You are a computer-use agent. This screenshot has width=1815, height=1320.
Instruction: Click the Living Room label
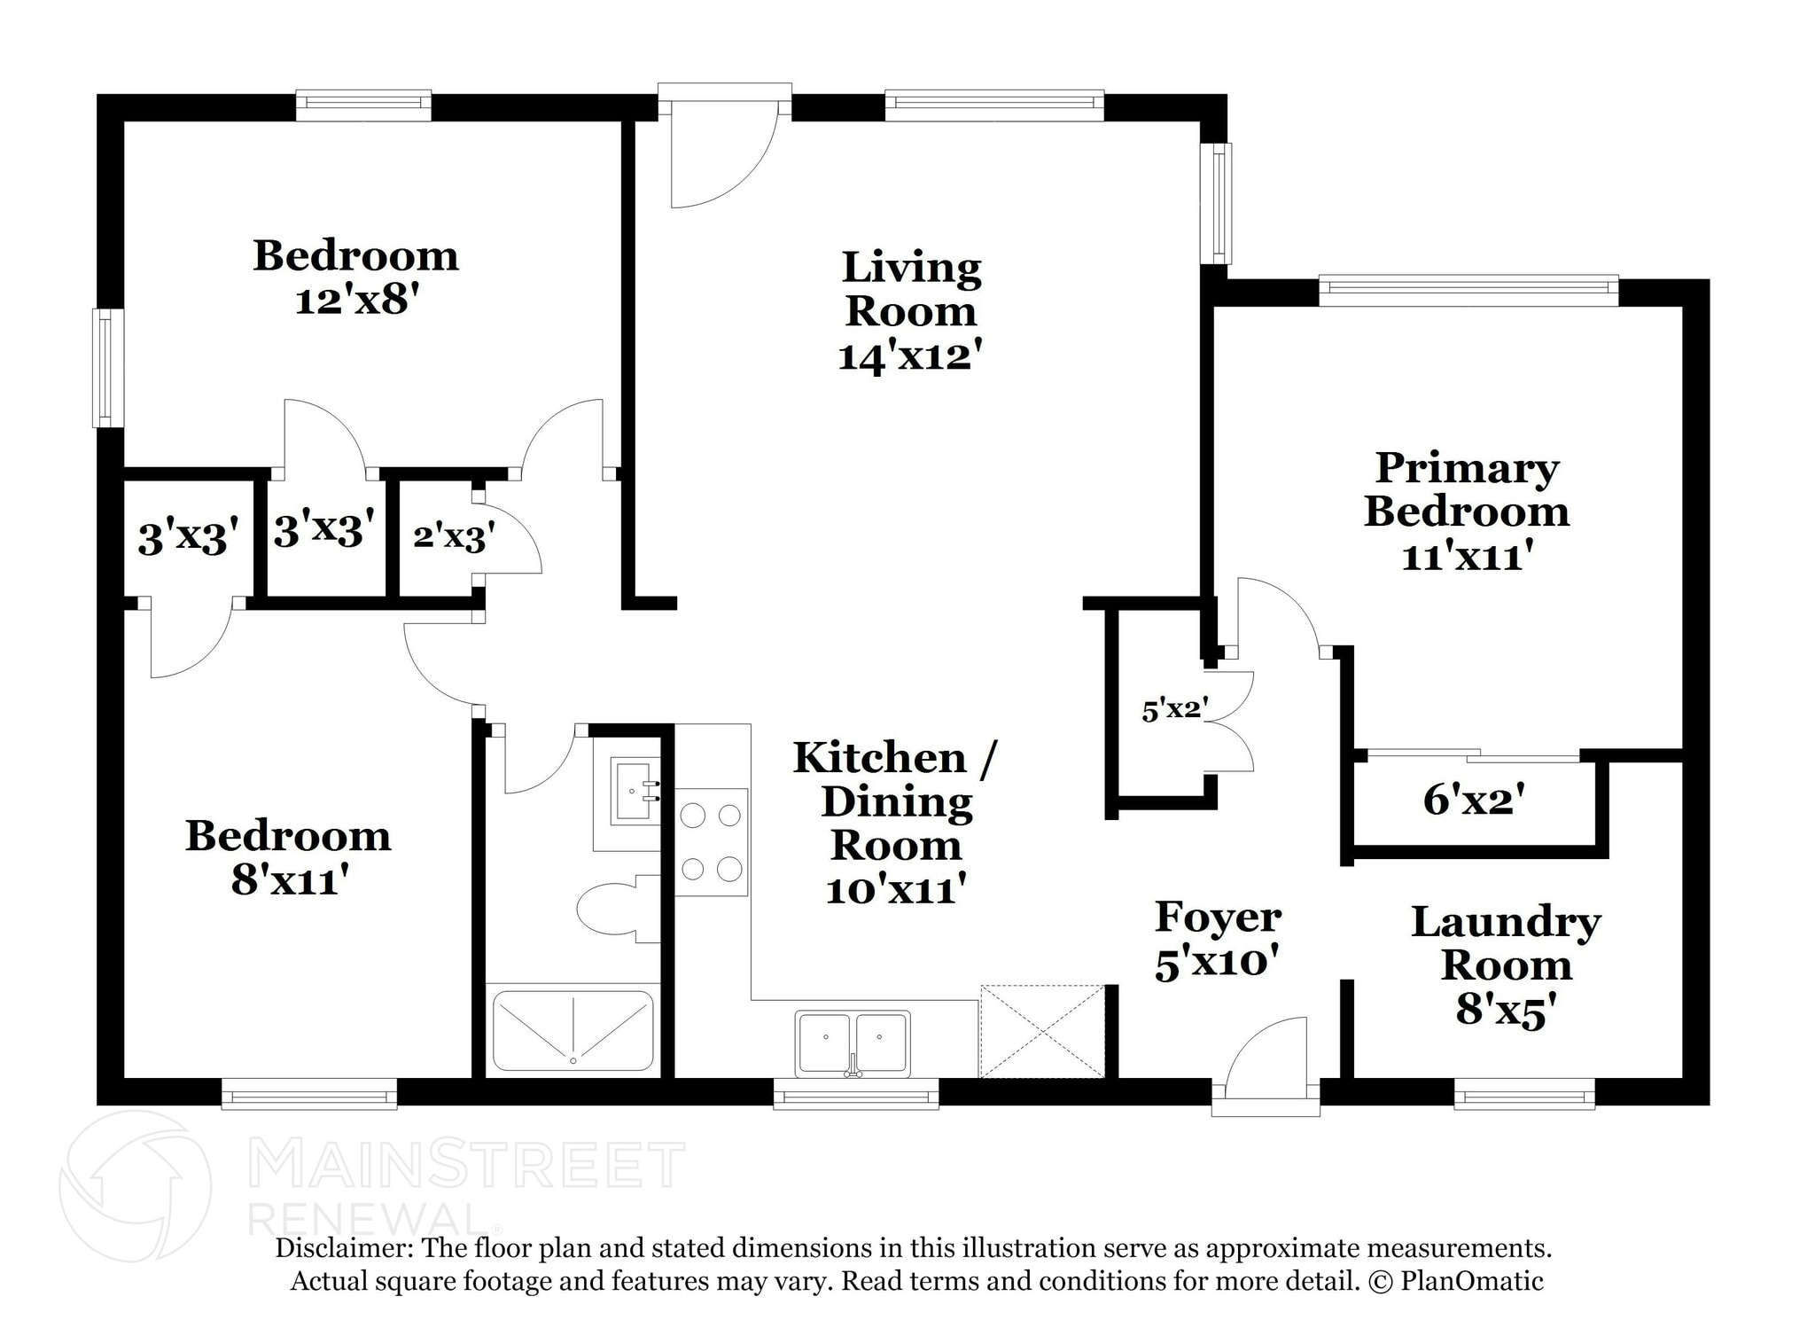click(x=911, y=289)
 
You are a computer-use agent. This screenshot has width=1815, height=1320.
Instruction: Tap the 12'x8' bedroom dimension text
click(x=355, y=301)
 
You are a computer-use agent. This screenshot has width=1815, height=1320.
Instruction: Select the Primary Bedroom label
click(x=1467, y=489)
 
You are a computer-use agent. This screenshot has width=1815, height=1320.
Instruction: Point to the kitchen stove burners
click(x=711, y=842)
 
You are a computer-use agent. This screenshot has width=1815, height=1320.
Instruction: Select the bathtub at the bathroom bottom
click(x=573, y=1029)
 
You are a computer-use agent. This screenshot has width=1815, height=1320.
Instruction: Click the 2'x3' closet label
click(x=454, y=536)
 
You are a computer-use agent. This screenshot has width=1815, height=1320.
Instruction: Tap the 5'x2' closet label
click(x=1175, y=710)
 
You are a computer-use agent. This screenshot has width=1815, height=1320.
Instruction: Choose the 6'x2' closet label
click(x=1474, y=800)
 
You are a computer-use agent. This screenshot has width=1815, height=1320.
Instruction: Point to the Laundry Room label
click(x=1506, y=943)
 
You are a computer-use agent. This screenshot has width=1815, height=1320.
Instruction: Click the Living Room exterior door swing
click(x=718, y=160)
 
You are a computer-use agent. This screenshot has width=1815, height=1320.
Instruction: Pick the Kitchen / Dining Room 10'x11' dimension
click(x=894, y=889)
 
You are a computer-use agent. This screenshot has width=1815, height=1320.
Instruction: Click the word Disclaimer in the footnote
click(x=341, y=1248)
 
